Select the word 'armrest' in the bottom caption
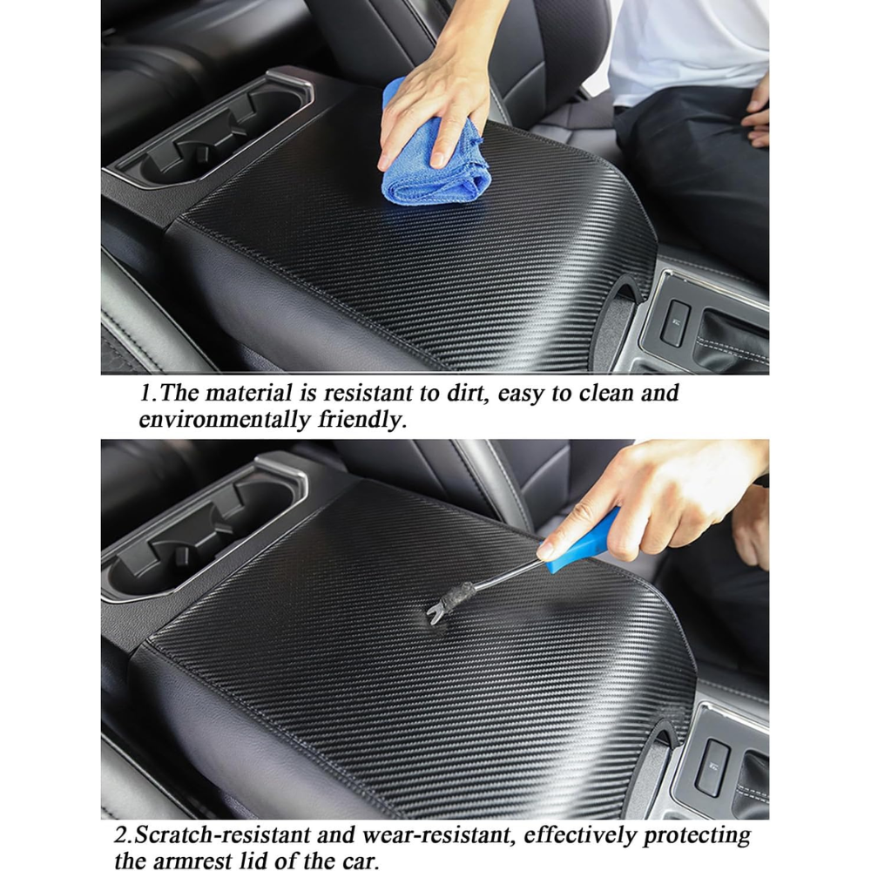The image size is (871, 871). click(x=192, y=861)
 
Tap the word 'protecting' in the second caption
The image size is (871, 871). click(x=697, y=836)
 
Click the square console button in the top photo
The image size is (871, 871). click(x=676, y=321)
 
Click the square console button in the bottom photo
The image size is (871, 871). click(x=712, y=767)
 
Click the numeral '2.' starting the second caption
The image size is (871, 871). click(x=124, y=835)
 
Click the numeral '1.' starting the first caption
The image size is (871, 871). click(x=147, y=394)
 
